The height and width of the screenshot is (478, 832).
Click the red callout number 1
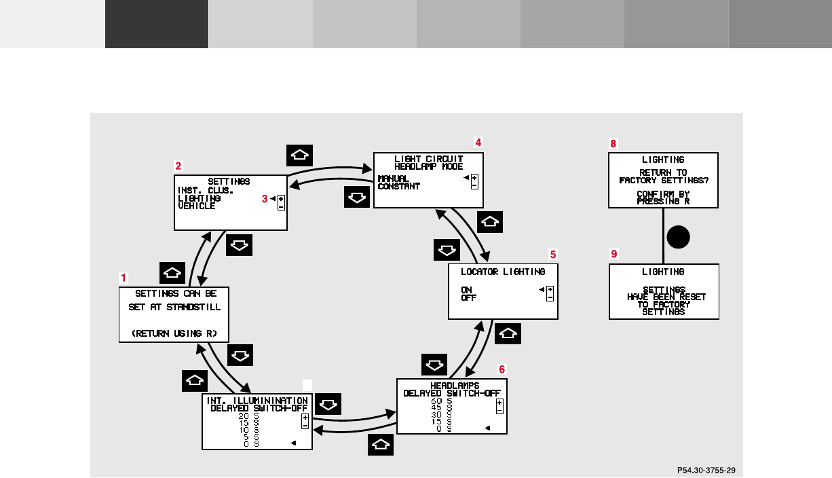(124, 278)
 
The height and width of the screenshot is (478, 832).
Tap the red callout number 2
(178, 165)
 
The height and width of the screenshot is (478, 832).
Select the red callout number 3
(265, 199)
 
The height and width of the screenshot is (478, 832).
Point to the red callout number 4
(478, 142)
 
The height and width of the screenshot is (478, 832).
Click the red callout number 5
(553, 254)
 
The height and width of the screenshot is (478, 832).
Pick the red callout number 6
(502, 369)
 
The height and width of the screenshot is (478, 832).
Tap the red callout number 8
(613, 144)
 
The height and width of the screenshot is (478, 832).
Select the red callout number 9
(614, 254)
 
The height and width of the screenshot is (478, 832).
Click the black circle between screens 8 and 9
(678, 238)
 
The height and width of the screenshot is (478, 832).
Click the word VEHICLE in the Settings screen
(197, 206)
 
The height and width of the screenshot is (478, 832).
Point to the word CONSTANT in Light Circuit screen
(399, 187)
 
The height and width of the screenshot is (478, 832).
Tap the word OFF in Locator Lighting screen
(468, 298)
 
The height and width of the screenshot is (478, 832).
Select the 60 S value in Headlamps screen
(442, 401)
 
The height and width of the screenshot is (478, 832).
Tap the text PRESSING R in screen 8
(663, 202)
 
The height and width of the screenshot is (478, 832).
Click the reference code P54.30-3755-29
(706, 469)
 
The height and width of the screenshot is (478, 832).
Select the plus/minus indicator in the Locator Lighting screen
(550, 294)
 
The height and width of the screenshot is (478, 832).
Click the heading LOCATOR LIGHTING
(503, 272)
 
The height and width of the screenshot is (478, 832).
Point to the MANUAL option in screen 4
(394, 179)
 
